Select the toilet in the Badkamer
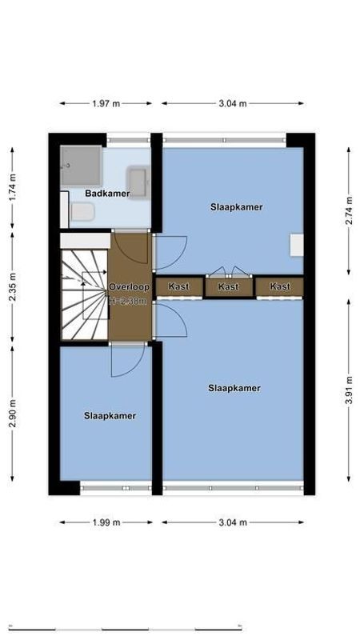click(82, 212)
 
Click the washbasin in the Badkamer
click(138, 182)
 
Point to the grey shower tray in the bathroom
click(82, 165)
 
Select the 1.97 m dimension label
click(106, 103)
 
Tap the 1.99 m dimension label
click(106, 522)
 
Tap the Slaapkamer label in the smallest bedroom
click(110, 416)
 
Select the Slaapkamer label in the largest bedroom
click(234, 388)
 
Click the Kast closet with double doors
click(229, 286)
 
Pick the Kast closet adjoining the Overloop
click(178, 286)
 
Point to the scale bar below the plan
click(180, 628)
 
